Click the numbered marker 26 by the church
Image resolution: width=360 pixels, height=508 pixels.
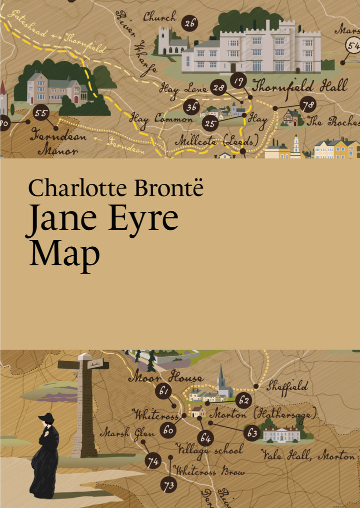(x=189, y=23)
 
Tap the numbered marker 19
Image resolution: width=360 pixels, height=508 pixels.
(x=239, y=79)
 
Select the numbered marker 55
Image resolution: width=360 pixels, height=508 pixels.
(x=41, y=113)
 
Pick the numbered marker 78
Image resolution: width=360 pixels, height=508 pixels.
(x=308, y=105)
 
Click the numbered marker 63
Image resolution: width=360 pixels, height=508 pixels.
(x=252, y=433)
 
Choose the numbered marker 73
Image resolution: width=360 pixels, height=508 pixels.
(x=169, y=484)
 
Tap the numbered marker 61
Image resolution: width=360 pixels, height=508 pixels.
(x=162, y=391)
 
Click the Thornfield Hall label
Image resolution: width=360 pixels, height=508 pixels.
(x=299, y=85)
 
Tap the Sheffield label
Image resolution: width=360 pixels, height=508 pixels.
(x=286, y=386)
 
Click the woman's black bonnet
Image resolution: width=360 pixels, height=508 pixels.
(x=46, y=419)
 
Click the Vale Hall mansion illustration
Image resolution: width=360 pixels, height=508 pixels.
(x=281, y=434)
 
